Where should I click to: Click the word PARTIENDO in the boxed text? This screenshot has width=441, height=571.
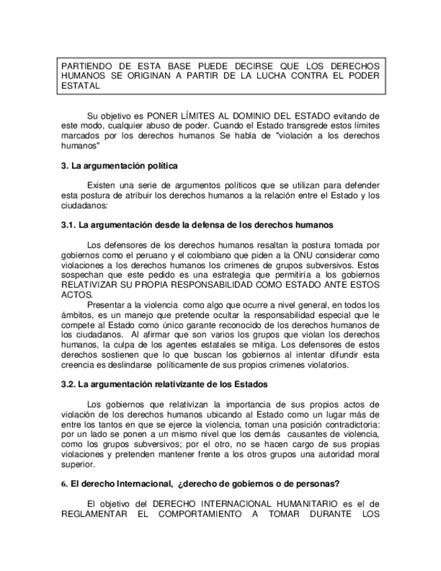pos(84,67)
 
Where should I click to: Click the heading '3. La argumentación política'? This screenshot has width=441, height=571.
pos(119,166)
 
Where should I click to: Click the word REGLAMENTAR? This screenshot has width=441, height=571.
pos(95,515)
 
